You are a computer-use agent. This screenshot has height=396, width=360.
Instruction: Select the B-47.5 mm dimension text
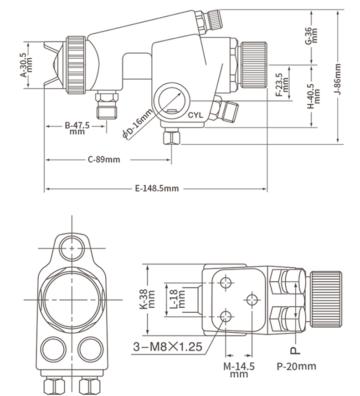pyautogui.click(x=77, y=127)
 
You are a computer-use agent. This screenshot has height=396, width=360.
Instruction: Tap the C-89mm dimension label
pyautogui.click(x=103, y=160)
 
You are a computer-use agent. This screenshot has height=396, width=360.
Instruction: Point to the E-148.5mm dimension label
pyautogui.click(x=157, y=188)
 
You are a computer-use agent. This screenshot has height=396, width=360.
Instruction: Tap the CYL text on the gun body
pyautogui.click(x=195, y=116)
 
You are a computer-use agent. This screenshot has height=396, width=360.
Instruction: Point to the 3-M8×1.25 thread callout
pyautogui.click(x=167, y=347)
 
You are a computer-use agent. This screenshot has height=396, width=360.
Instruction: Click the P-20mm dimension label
pyautogui.click(x=296, y=366)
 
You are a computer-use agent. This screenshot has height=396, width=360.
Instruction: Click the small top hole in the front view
pyautogui.click(x=72, y=248)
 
